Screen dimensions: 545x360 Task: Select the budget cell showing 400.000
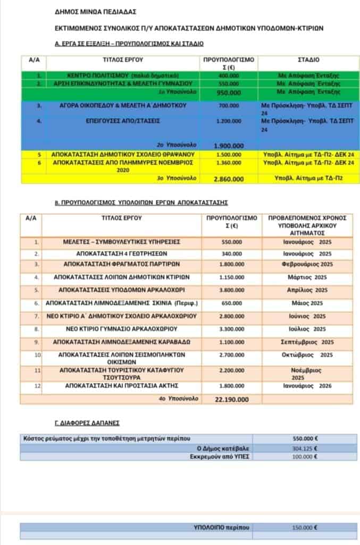228,76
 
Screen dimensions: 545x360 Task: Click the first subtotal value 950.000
228,93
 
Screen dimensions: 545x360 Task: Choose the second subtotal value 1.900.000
229,145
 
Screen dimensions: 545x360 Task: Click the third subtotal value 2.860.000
228,178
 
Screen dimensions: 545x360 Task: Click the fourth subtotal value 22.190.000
231,399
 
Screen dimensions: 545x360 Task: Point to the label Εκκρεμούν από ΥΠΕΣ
219,457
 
